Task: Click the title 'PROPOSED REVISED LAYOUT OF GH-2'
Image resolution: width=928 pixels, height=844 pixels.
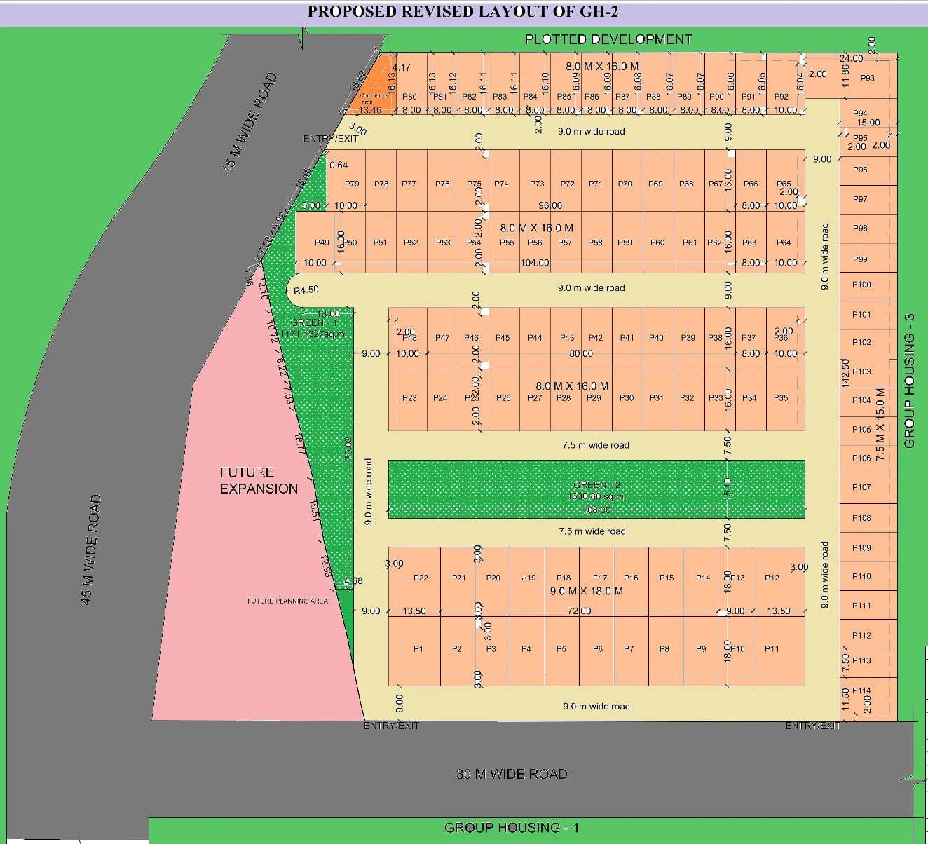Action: click(463, 11)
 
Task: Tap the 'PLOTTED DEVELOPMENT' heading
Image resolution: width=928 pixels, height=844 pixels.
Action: click(608, 39)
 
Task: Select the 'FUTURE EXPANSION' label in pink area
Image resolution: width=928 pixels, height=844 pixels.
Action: click(258, 480)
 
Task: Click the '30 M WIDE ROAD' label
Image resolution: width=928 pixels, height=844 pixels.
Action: click(512, 774)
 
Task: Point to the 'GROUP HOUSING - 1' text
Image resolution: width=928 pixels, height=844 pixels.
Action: click(512, 828)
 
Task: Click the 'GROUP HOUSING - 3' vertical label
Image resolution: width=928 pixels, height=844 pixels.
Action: click(910, 381)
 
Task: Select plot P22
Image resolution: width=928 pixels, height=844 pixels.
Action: click(421, 578)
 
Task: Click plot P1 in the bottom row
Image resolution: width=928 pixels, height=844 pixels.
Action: click(418, 649)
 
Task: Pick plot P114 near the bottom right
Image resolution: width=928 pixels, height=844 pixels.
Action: click(861, 690)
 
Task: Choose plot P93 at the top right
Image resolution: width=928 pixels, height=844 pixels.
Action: click(868, 78)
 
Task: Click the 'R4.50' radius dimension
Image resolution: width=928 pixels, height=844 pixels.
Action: click(306, 290)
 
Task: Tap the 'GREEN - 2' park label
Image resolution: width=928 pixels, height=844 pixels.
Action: click(596, 485)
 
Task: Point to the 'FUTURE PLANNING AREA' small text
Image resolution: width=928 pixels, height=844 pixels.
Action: click(287, 601)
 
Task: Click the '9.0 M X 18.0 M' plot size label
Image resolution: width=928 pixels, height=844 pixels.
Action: click(587, 591)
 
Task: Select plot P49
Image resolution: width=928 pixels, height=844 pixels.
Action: click(322, 243)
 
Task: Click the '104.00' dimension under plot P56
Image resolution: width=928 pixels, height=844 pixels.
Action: click(535, 263)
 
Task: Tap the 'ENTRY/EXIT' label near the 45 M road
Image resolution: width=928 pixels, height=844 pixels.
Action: click(330, 139)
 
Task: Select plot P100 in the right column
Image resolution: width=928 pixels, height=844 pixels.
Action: click(861, 285)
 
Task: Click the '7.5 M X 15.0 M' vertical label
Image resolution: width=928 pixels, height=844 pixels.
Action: click(880, 424)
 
